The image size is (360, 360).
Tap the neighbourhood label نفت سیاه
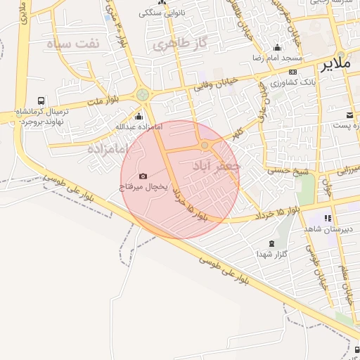point(74,43)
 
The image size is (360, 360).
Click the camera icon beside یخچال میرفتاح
point(143,176)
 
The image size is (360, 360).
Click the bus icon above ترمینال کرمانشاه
point(41,101)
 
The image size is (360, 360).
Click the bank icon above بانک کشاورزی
point(293,71)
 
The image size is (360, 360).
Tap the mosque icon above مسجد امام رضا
point(276,47)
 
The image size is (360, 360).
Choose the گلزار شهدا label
point(271,252)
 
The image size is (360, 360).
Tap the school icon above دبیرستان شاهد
point(328,219)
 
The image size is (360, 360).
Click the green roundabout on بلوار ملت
point(143,94)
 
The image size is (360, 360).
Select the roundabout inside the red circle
point(205,145)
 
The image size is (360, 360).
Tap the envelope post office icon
point(349,115)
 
